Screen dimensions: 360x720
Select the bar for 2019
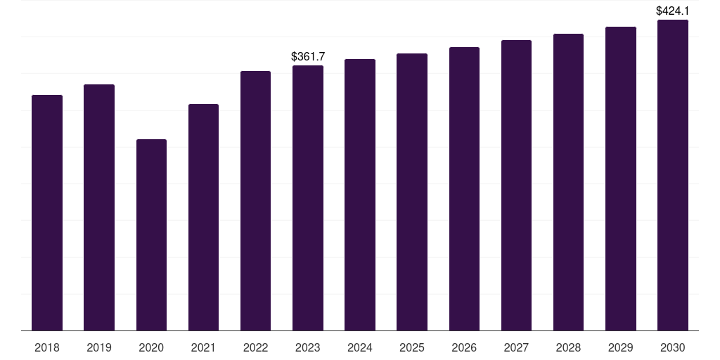(99, 207)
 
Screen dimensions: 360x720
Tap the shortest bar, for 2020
(151, 235)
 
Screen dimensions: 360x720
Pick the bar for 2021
(203, 217)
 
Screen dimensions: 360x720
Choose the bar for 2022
(255, 200)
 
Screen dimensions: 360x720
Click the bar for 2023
(308, 198)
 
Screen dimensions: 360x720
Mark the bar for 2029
(621, 179)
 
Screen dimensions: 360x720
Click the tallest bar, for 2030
(673, 175)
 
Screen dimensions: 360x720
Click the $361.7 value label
(308, 56)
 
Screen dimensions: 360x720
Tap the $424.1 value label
(672, 11)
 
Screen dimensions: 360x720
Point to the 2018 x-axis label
(47, 347)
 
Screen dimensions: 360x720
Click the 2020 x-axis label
(151, 347)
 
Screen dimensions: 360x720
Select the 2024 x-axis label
(360, 347)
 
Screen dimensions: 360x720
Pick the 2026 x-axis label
(464, 347)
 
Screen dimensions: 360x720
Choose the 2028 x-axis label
(568, 347)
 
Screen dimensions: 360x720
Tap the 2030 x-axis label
(673, 347)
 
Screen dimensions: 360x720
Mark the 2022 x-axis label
(255, 347)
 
